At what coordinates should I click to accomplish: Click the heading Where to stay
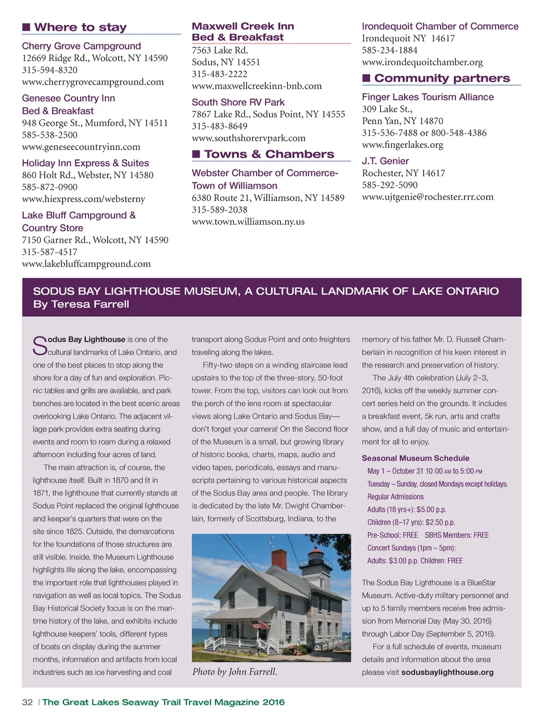pyautogui.click(x=80, y=28)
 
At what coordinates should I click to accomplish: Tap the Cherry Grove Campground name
pyautogui.click(x=81, y=46)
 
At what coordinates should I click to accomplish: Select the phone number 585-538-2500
pyautogui.click(x=49, y=135)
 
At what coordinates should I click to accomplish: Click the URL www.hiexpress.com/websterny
pyautogui.click(x=83, y=199)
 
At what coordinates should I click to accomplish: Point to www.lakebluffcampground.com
pyautogui.click(x=86, y=264)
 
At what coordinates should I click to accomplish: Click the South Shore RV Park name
pyautogui.click(x=238, y=102)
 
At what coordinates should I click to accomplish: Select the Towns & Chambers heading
pyautogui.click(x=269, y=154)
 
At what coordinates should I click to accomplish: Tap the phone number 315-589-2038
pyautogui.click(x=220, y=209)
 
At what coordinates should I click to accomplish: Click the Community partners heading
pyautogui.click(x=442, y=78)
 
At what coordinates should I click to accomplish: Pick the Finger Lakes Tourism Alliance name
pyautogui.click(x=427, y=97)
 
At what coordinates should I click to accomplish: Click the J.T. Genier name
pyautogui.click(x=385, y=161)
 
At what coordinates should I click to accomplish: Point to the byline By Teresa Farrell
pyautogui.click(x=81, y=304)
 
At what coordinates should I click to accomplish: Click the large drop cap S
pyautogui.click(x=40, y=346)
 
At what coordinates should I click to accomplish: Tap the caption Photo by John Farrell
pyautogui.click(x=234, y=672)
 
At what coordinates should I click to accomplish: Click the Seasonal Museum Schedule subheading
pyautogui.click(x=415, y=458)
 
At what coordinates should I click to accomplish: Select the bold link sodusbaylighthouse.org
pyautogui.click(x=447, y=673)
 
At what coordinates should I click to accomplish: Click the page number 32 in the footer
pyautogui.click(x=27, y=702)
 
